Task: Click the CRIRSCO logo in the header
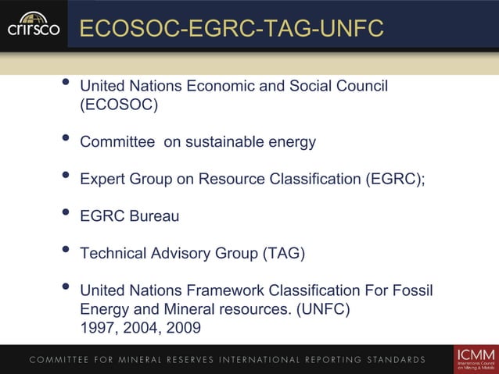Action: tap(33, 25)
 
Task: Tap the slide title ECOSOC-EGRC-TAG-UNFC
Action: tap(232, 29)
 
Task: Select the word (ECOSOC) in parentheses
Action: tap(119, 105)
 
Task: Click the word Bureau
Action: tap(155, 216)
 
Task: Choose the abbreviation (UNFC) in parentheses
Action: tap(323, 310)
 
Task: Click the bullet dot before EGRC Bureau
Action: tap(66, 213)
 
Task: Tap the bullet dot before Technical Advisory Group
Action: tap(66, 251)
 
